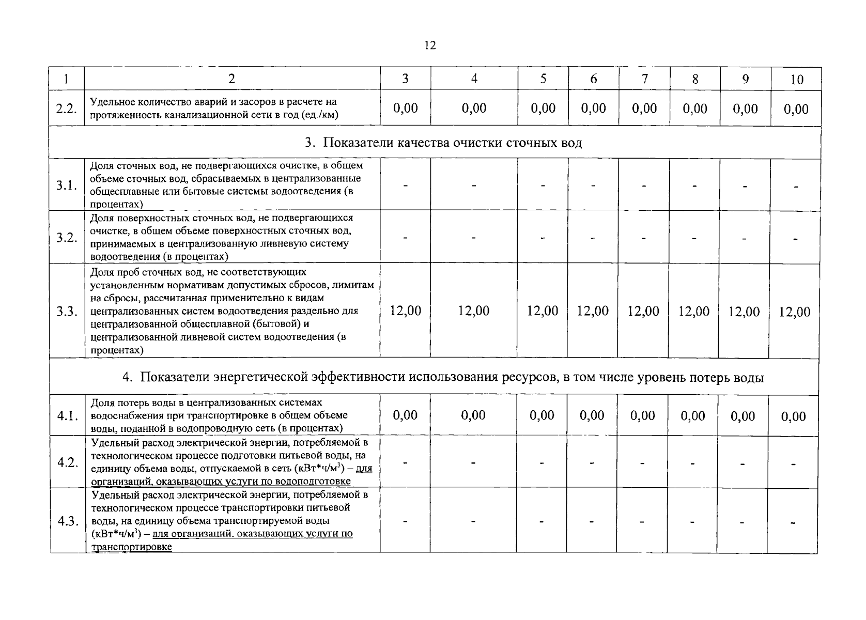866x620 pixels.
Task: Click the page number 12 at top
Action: [430, 45]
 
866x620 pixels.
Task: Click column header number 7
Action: [644, 79]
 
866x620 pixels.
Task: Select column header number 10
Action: [797, 80]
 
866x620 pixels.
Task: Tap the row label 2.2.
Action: [66, 109]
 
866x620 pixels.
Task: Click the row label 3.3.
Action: [67, 312]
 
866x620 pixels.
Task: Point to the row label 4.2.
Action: [67, 462]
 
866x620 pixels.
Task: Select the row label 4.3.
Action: [68, 521]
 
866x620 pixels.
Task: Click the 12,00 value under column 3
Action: [405, 311]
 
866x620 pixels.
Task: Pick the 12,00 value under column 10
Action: [795, 312]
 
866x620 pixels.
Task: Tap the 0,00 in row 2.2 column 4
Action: [474, 108]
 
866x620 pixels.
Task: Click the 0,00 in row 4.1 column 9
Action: [743, 416]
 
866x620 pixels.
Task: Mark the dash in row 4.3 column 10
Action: [794, 523]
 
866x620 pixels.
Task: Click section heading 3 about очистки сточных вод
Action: [443, 143]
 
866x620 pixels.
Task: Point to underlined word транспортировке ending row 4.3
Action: [131, 547]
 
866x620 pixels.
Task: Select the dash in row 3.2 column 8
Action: [694, 238]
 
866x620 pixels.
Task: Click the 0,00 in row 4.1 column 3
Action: [405, 415]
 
